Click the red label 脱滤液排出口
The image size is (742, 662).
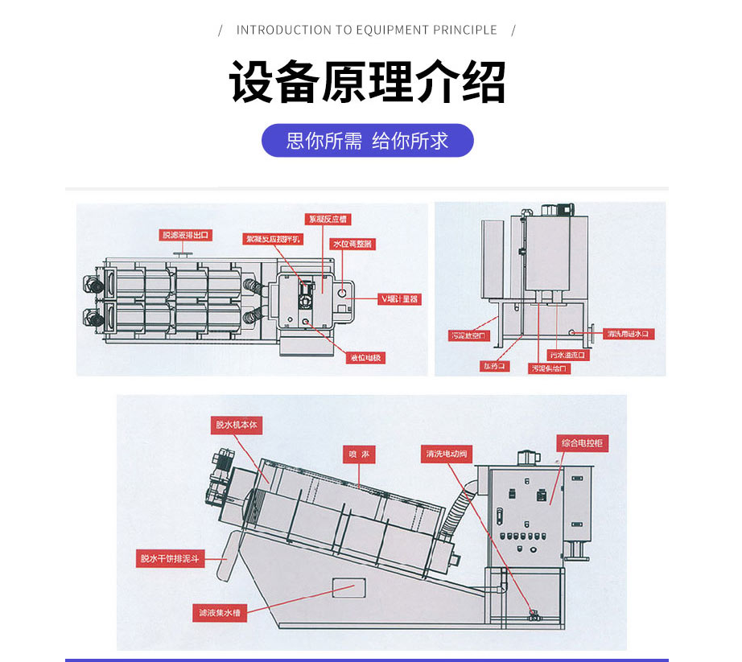click(186, 235)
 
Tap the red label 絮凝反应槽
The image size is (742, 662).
click(327, 219)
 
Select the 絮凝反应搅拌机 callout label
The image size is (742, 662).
click(272, 239)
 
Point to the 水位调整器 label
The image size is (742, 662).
click(352, 244)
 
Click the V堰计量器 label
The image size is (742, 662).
click(400, 298)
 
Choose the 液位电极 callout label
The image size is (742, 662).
click(365, 358)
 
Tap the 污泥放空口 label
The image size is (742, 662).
click(468, 335)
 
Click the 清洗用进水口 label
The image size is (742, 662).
click(627, 333)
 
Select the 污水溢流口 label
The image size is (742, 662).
click(569, 355)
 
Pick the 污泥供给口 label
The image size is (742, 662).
click(550, 368)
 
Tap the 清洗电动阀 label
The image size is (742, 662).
click(447, 454)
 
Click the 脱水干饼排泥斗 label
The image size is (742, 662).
click(171, 558)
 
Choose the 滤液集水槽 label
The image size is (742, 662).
click(220, 612)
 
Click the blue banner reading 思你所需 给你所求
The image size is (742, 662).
click(368, 141)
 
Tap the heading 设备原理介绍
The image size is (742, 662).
click(368, 81)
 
